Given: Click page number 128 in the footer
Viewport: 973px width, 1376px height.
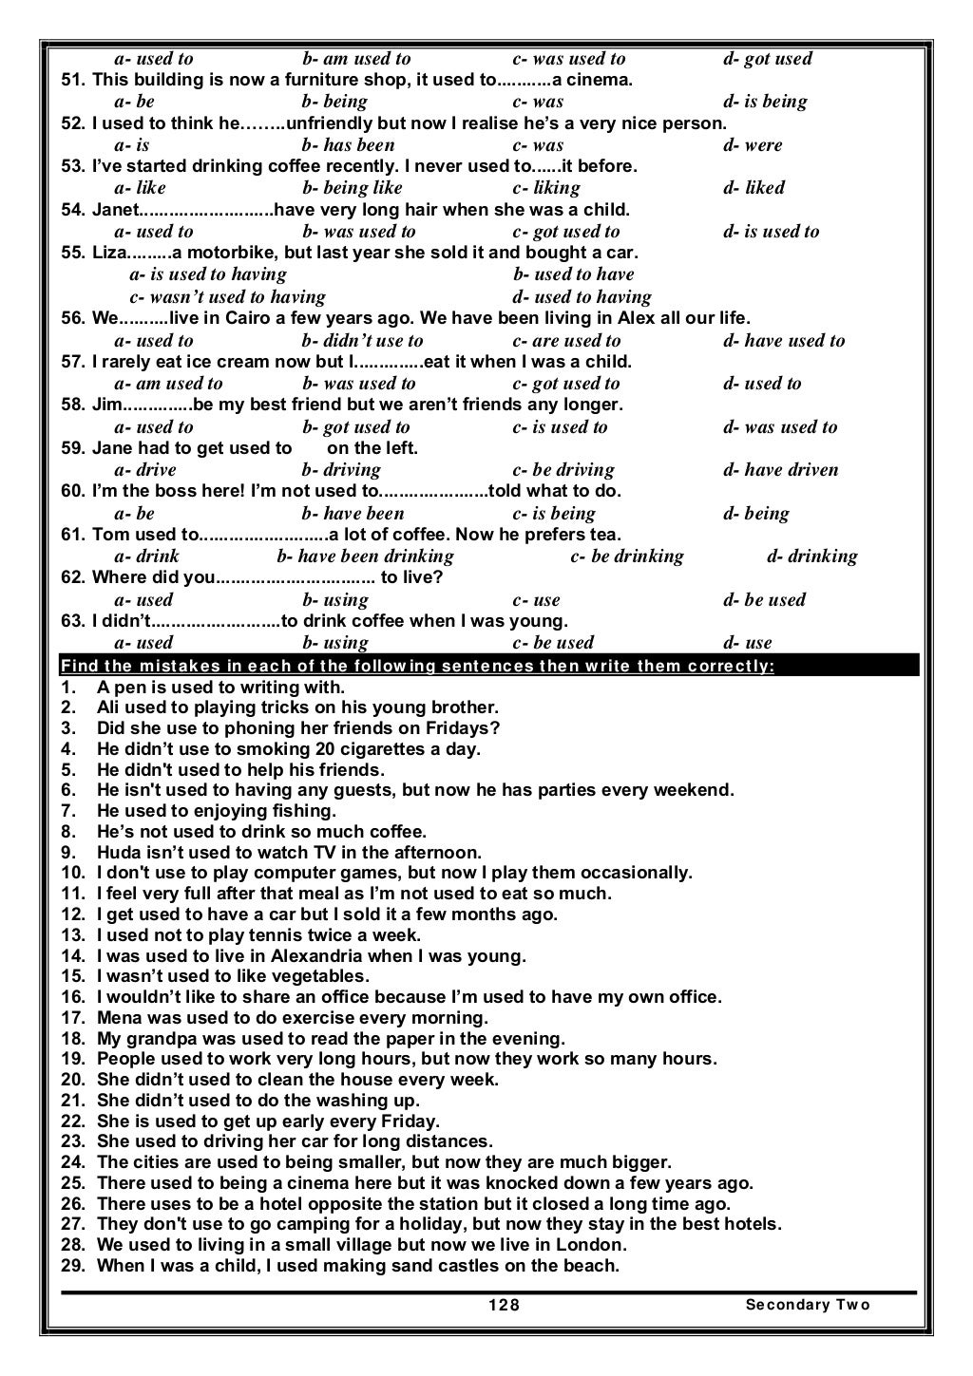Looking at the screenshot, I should coord(504,1304).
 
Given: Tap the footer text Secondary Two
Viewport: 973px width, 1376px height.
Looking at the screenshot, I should coord(808,1304).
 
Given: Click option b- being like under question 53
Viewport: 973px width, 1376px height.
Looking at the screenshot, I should coord(352,188).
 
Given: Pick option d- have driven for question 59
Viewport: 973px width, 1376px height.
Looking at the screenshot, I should coord(780,470).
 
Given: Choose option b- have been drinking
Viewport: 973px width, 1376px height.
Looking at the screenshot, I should coord(365,556).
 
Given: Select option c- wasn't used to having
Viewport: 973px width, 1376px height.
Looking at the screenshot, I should coord(227,297).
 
